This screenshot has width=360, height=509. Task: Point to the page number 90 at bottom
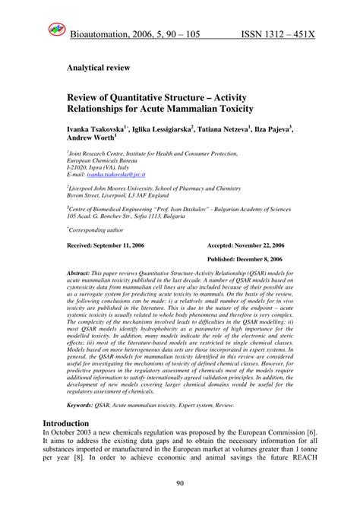[x=180, y=483]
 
